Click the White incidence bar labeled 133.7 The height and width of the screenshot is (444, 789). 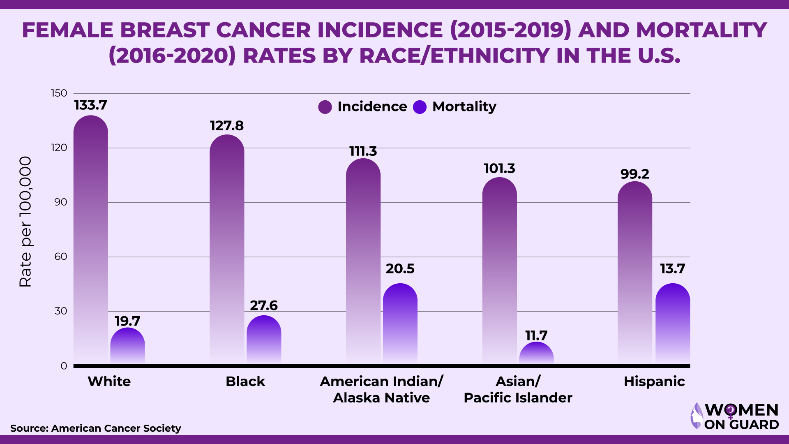(91, 238)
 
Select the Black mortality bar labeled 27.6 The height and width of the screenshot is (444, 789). (264, 339)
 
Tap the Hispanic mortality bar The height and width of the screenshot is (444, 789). (673, 323)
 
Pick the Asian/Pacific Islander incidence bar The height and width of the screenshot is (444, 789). (499, 271)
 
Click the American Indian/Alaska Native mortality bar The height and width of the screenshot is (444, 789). (400, 323)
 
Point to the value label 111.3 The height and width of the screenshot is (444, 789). (363, 151)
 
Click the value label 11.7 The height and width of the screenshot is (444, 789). (536, 335)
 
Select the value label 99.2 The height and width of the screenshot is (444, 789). (635, 174)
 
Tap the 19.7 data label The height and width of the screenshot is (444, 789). (127, 321)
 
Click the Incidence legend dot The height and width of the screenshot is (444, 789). (325, 107)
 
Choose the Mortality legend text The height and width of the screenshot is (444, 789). (464, 107)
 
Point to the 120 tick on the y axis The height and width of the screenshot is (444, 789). (59, 148)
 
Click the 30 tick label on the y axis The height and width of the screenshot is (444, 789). (61, 311)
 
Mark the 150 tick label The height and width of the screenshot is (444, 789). (59, 93)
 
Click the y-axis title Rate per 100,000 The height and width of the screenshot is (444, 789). (25, 222)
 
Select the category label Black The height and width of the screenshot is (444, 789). (245, 382)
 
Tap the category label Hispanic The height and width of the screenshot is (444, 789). (654, 382)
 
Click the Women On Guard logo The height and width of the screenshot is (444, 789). (735, 416)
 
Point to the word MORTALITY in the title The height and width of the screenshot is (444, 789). (701, 30)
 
